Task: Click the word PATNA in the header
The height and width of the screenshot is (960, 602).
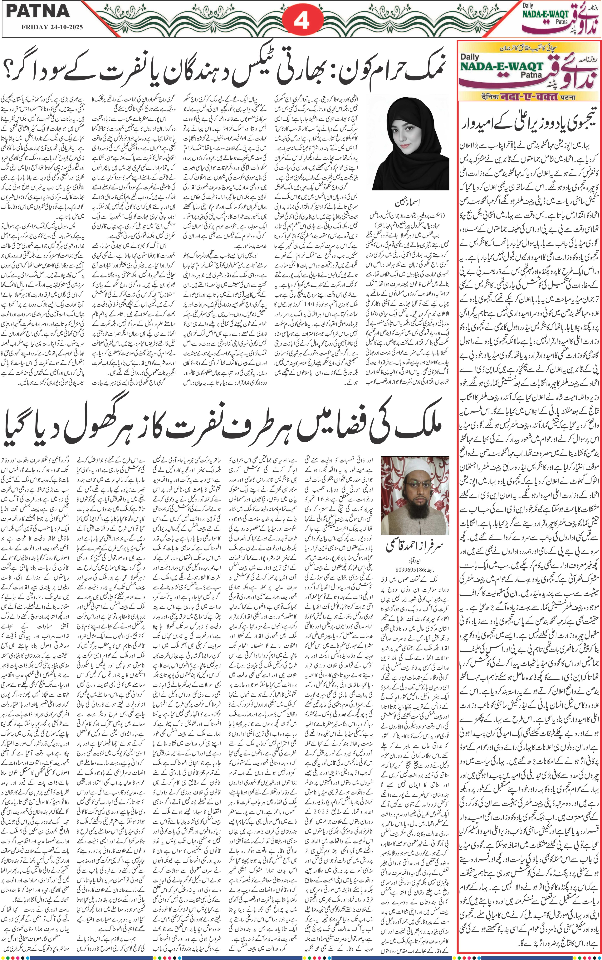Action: (38, 11)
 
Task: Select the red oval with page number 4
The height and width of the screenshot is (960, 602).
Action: (301, 20)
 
